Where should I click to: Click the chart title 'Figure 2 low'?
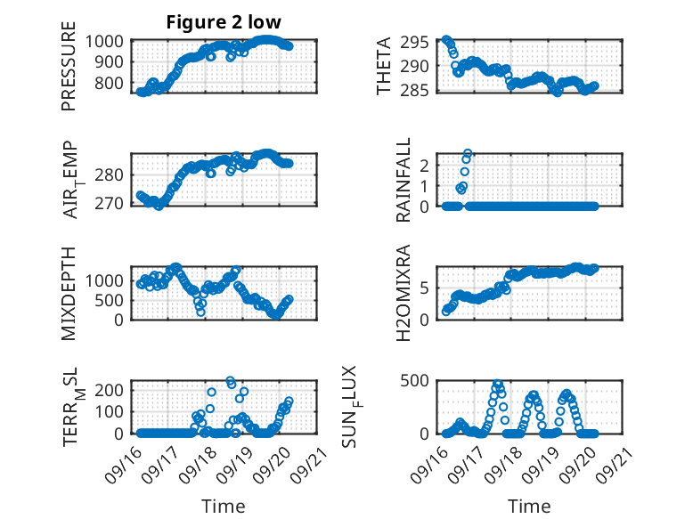tap(224, 23)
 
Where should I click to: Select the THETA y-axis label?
tap(384, 67)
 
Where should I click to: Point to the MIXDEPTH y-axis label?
tap(69, 293)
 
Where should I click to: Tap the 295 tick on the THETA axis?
tap(419, 41)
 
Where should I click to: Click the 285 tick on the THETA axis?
tap(419, 90)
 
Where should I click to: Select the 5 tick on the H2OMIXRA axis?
tap(427, 287)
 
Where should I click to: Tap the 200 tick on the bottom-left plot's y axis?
tap(113, 390)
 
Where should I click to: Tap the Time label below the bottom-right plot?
tap(529, 507)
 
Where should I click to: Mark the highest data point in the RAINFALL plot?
tap(468, 153)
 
